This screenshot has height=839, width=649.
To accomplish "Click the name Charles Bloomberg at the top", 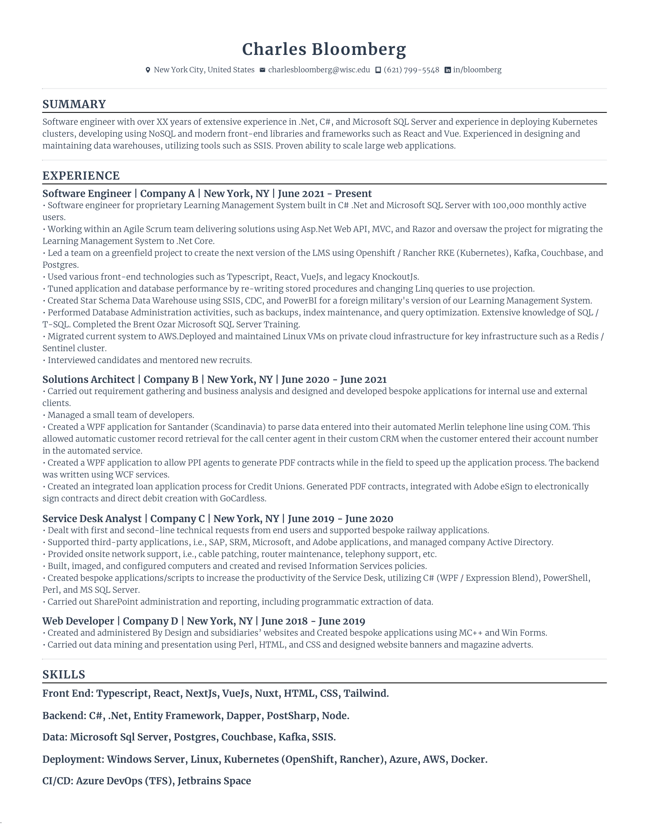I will pyautogui.click(x=324, y=50).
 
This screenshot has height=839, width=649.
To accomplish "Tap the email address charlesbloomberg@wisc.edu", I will pyautogui.click(x=319, y=70).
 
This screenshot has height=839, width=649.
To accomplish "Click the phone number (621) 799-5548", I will pyautogui.click(x=411, y=70).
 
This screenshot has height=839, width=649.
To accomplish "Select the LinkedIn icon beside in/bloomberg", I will pyautogui.click(x=447, y=70).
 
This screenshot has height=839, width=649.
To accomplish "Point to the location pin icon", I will pyautogui.click(x=148, y=70).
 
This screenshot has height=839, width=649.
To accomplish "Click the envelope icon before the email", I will pyautogui.click(x=262, y=70).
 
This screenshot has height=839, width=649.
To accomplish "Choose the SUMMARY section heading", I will pyautogui.click(x=74, y=104).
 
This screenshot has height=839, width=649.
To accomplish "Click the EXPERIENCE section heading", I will pyautogui.click(x=81, y=175).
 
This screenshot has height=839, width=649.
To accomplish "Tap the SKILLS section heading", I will pyautogui.click(x=64, y=674).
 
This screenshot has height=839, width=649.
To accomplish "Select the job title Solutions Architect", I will pyautogui.click(x=89, y=379).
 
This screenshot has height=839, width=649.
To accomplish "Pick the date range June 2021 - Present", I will pyautogui.click(x=325, y=194).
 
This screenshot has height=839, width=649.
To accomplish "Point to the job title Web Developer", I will pyautogui.click(x=78, y=621).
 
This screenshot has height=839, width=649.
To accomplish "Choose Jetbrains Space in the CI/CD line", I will pyautogui.click(x=214, y=781).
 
